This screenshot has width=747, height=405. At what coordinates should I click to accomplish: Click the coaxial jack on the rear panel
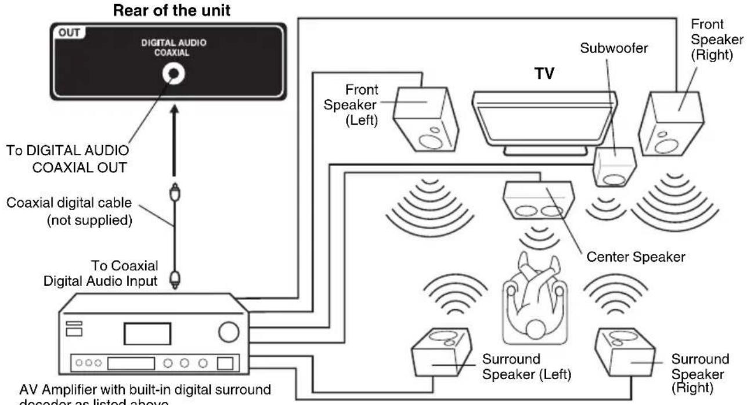(173, 74)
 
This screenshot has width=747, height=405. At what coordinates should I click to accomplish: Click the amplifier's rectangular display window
(147, 334)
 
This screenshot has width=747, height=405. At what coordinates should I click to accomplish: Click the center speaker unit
(538, 200)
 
